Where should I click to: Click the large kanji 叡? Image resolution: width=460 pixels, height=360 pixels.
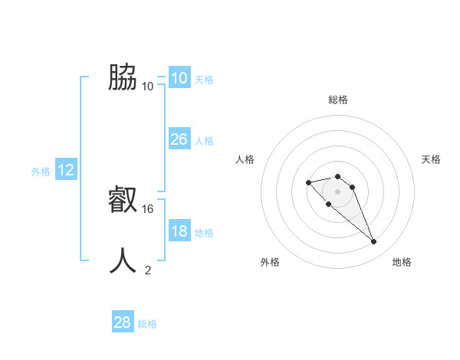[x=123, y=201]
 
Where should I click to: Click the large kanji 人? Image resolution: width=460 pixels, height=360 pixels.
[x=123, y=261]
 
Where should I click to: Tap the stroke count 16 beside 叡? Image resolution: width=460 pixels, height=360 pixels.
[x=149, y=208]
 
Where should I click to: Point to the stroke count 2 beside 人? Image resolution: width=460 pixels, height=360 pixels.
[x=148, y=270]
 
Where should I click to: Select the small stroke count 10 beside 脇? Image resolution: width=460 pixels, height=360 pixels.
[x=148, y=86]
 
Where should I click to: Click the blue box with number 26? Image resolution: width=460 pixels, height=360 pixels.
[x=179, y=139]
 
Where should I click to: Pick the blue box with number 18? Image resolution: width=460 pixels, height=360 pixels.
[x=179, y=231]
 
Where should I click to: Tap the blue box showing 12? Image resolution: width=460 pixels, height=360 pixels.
[x=66, y=170]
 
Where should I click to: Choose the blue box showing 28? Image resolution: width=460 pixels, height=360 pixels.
[x=122, y=322]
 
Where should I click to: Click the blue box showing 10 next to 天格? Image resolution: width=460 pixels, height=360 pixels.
[x=179, y=78]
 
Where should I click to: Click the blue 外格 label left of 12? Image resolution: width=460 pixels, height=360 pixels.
[x=41, y=172]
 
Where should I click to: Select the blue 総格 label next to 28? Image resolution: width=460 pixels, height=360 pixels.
[x=147, y=324]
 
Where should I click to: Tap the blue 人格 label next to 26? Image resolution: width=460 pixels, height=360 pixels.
[x=204, y=141]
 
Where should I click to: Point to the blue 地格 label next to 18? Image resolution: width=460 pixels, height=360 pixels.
[x=204, y=233]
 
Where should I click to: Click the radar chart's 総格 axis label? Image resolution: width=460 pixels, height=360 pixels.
[x=338, y=100]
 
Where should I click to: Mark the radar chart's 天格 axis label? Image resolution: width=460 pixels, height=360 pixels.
[x=431, y=159]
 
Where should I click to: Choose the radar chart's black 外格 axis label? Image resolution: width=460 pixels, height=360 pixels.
[x=270, y=262]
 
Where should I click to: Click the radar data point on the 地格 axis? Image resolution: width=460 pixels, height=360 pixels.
[x=373, y=242]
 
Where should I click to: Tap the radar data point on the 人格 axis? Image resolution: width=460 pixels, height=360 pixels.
[x=308, y=182]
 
